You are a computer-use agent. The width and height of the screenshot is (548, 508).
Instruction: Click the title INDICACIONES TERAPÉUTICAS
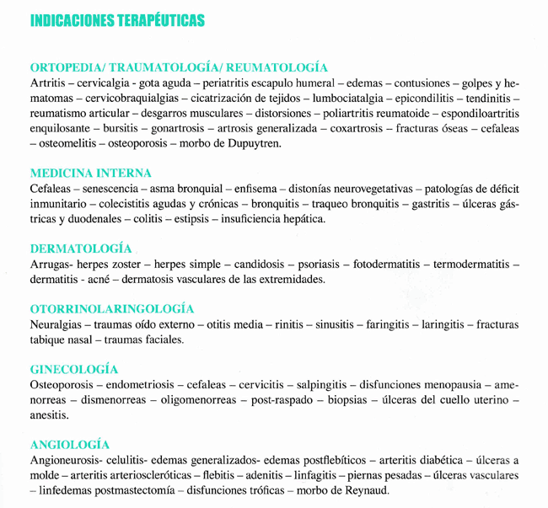pyautogui.click(x=116, y=20)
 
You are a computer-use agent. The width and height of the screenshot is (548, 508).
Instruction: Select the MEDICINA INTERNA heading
pyautogui.click(x=90, y=174)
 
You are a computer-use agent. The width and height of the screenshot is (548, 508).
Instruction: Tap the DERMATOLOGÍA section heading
pyautogui.click(x=81, y=249)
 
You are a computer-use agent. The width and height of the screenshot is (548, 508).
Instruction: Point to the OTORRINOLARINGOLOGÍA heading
pyautogui.click(x=112, y=309)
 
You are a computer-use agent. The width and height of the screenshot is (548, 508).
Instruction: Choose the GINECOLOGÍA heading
pyautogui.click(x=74, y=369)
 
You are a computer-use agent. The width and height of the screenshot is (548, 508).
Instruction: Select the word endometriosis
pyautogui.click(x=137, y=385)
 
